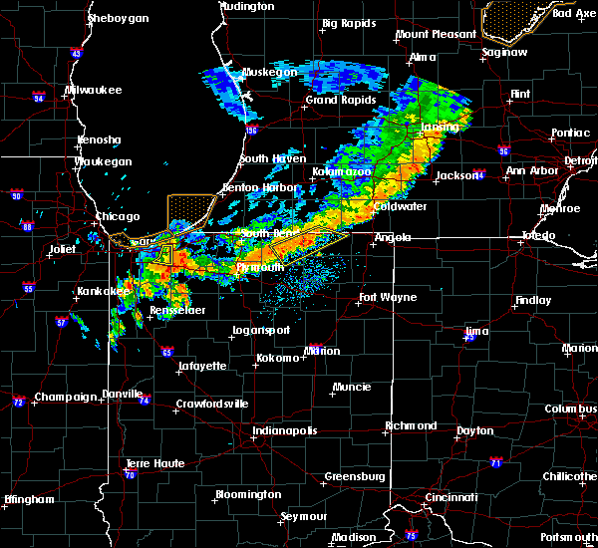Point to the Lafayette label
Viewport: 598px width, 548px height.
pos(201,366)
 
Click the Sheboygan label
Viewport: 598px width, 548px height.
pos(118,18)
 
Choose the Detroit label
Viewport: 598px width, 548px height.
pos(581,159)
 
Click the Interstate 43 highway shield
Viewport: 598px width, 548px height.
pos(77,54)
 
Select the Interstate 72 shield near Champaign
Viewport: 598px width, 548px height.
pos(18,403)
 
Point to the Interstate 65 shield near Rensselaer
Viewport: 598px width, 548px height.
pos(167,352)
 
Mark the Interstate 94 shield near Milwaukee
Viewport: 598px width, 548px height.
pos(38,98)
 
